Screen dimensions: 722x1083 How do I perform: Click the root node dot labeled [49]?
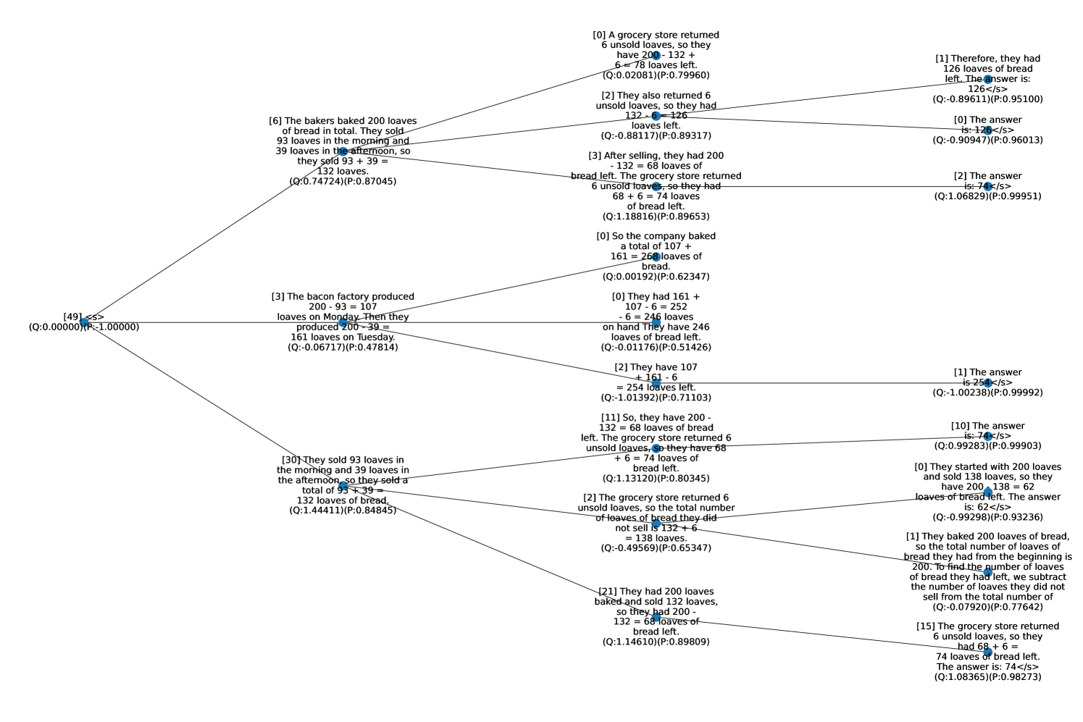tap(85, 322)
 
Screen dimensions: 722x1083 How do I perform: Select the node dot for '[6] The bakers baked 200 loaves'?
tap(343, 151)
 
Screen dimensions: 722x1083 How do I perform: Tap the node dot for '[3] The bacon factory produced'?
tap(343, 322)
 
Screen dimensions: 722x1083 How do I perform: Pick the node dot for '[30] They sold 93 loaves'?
tap(343, 485)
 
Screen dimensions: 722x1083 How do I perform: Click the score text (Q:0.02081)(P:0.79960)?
tap(656, 75)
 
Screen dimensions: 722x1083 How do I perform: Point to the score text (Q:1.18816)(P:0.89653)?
tap(656, 216)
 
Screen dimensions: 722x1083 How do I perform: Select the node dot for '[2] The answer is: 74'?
tap(987, 186)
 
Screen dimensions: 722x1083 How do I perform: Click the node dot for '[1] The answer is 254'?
tap(987, 383)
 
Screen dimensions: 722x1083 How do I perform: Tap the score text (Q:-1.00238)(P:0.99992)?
tap(987, 393)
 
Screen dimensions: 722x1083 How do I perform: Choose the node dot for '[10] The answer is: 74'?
tap(987, 437)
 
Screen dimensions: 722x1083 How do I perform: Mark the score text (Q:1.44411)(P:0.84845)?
tap(343, 510)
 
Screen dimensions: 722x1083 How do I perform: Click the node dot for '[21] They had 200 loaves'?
tap(656, 617)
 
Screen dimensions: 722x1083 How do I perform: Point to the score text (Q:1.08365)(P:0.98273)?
tap(987, 676)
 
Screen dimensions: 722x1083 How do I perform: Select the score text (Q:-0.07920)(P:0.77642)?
tap(987, 607)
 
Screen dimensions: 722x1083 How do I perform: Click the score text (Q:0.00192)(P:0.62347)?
tap(656, 277)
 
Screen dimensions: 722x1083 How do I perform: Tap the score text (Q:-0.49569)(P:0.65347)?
tap(656, 547)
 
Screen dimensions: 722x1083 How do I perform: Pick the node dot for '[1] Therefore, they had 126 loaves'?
tap(987, 79)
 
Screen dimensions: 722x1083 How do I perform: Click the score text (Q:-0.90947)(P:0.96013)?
tap(987, 140)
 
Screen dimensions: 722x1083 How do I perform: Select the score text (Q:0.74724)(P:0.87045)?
tap(343, 181)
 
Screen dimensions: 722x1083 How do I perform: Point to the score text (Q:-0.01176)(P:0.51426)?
tap(656, 347)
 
